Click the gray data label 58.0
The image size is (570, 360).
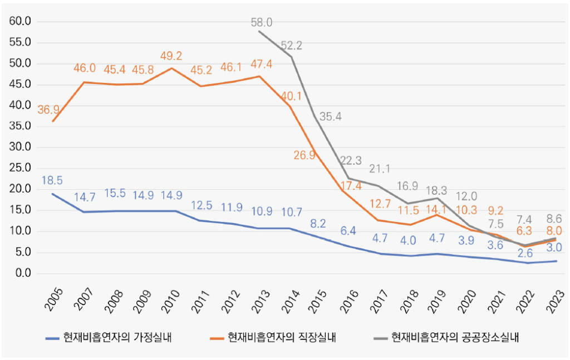tap(261, 22)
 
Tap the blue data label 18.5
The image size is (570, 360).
tap(52, 180)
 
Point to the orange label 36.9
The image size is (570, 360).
tap(48, 110)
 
